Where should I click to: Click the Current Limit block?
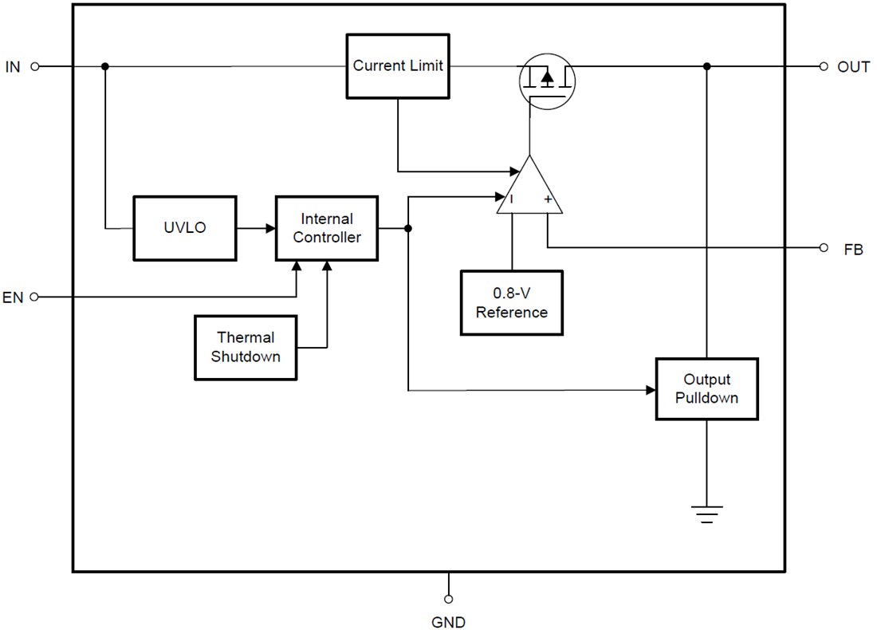click(398, 65)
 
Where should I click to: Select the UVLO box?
click(184, 227)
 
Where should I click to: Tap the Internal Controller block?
click(327, 227)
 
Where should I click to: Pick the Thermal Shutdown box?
click(246, 347)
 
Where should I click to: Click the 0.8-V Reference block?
click(511, 303)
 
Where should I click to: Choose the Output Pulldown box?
click(706, 388)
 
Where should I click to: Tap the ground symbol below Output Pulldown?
click(706, 514)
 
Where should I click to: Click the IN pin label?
click(13, 67)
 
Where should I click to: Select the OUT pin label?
click(853, 67)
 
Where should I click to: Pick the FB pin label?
click(853, 250)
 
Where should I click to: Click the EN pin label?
click(13, 297)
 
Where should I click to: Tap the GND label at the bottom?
click(449, 622)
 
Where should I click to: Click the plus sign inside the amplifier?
click(548, 200)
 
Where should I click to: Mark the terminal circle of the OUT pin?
click(824, 67)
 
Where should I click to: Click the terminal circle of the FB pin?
click(824, 248)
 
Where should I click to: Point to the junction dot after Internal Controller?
click(408, 228)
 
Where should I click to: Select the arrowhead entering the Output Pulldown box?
click(650, 390)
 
